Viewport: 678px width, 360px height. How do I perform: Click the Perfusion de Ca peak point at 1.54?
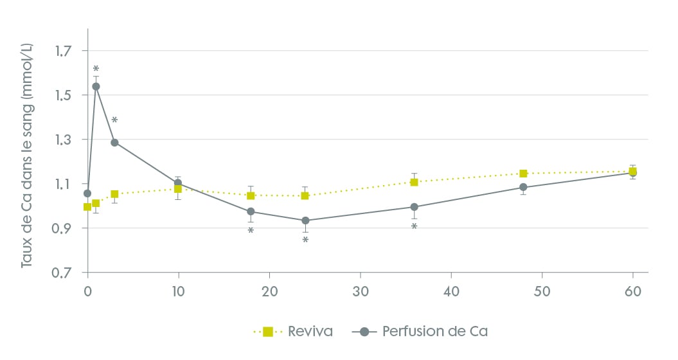96,86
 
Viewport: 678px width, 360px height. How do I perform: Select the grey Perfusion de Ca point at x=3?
114,142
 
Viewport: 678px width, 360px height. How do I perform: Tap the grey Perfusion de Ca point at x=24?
305,221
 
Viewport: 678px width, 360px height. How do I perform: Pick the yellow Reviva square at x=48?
523,174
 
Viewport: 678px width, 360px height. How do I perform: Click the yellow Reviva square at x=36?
415,182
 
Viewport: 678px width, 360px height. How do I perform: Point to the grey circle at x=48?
523,187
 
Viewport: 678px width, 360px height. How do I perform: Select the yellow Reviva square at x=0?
87,206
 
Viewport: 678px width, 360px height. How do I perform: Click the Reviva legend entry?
296,332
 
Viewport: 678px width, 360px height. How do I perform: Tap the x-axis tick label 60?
633,291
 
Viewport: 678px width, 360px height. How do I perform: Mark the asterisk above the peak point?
96,69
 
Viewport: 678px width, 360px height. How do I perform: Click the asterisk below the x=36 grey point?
415,227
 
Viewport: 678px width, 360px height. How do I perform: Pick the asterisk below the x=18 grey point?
251,231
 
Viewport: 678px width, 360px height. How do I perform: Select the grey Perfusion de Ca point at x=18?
251,212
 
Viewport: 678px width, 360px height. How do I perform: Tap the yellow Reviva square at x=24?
305,195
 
